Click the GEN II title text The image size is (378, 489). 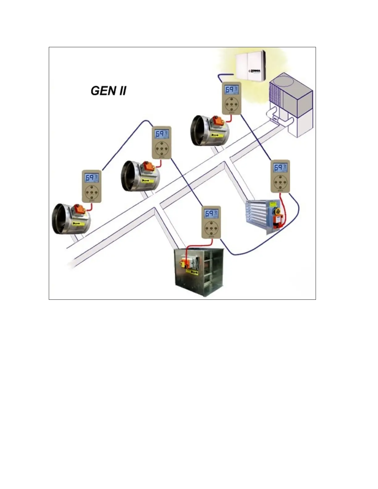108,91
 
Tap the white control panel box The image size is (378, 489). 250,66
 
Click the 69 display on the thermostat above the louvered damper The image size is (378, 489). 279,168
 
